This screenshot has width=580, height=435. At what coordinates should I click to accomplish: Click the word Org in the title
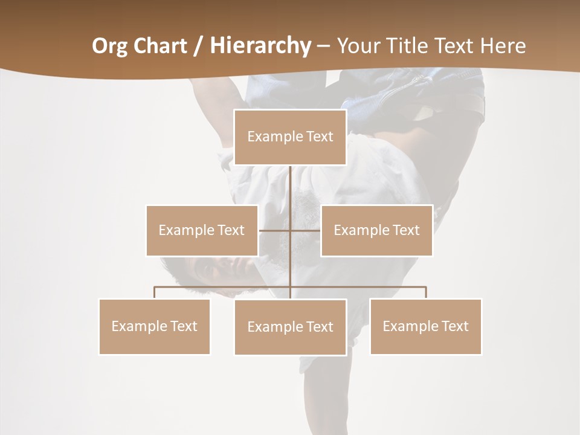pos(109,46)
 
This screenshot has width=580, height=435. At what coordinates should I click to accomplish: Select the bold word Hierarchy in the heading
pos(260,46)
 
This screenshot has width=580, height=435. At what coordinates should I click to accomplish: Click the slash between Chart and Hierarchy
pos(199,46)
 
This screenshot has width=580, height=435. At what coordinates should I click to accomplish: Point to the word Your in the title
pos(356,46)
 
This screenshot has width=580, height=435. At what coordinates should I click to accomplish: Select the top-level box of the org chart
pos(290,137)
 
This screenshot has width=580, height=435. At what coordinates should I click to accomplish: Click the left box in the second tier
pos(202,230)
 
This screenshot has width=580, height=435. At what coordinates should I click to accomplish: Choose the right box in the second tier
pos(376,230)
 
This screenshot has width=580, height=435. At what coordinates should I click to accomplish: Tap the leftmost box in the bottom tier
pos(154,326)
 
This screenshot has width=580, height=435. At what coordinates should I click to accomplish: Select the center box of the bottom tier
pos(290,327)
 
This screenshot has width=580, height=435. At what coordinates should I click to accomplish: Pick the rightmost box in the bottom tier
pos(425,326)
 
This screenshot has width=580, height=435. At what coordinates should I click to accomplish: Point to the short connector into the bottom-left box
pos(155,292)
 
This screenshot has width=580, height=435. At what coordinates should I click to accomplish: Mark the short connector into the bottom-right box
pos(426,292)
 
